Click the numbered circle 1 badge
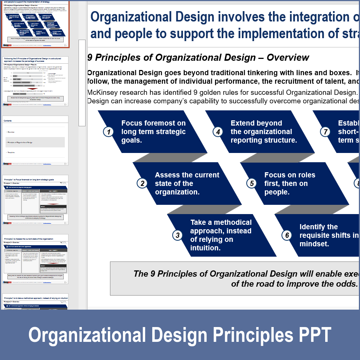108,131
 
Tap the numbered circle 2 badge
142,183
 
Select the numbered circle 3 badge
178,235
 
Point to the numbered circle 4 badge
218,131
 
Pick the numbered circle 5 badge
252,183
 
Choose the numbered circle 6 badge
287,235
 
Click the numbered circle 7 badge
325,131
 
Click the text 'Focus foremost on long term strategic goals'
153,132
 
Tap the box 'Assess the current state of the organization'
187,184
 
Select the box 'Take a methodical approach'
221,235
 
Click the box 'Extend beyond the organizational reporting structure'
264,132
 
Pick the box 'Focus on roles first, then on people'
290,184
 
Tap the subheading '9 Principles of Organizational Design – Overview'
198,58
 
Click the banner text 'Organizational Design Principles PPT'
180,335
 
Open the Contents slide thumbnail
36,140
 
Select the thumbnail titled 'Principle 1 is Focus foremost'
36,200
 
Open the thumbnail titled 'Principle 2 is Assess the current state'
36,259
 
